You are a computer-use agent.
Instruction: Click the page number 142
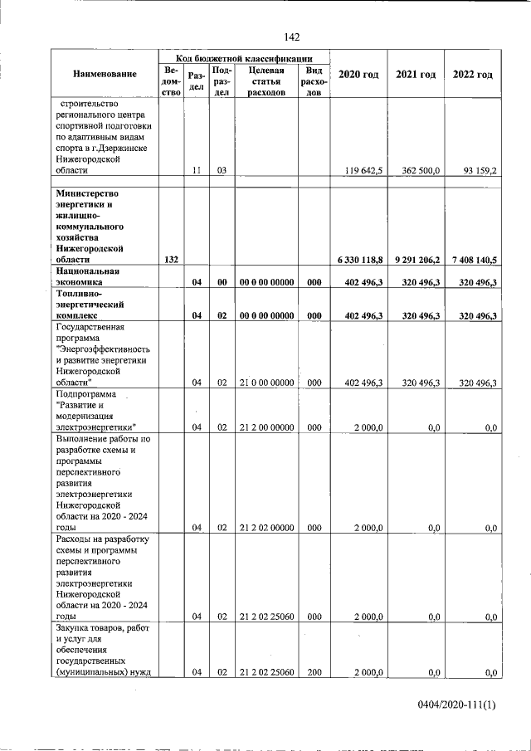291,37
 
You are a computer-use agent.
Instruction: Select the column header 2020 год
358,75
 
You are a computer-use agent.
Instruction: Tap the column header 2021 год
416,75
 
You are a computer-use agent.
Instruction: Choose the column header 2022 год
472,75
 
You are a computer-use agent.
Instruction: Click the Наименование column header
105,75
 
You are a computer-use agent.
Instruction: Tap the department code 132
172,260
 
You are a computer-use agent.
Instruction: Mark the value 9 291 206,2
417,260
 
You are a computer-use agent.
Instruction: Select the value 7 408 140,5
474,260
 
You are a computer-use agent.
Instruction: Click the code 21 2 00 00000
266,427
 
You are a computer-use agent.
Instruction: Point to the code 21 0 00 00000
266,383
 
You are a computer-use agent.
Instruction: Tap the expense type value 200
314,672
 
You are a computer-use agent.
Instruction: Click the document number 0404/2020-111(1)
456,706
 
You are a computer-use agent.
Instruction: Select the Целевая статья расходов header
266,81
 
